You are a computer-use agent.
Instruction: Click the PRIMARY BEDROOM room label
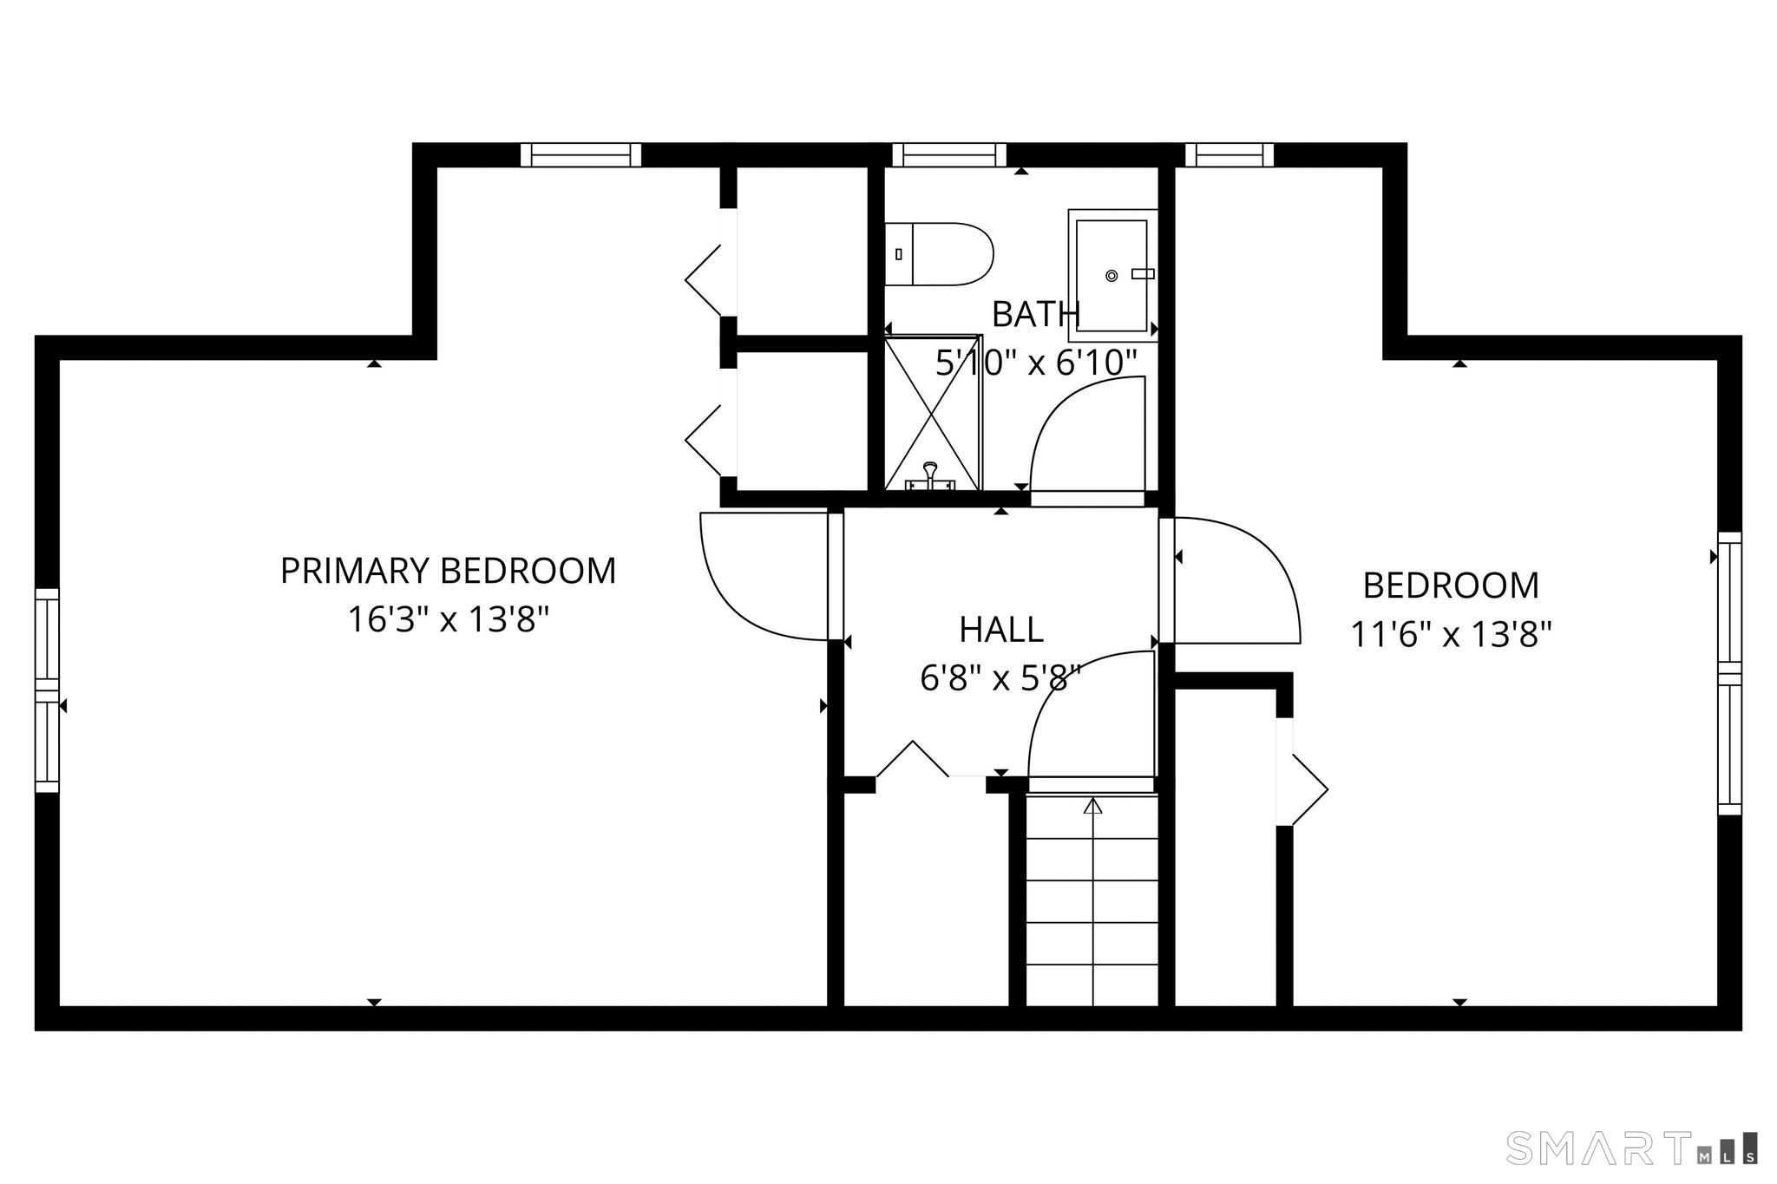pyautogui.click(x=448, y=571)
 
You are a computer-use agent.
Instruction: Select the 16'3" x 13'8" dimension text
pyautogui.click(x=449, y=620)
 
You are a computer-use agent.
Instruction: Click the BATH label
pyautogui.click(x=1035, y=314)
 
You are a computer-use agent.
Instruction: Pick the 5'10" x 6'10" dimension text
pyautogui.click(x=1035, y=363)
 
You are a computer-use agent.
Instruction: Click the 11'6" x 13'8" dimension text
pyautogui.click(x=1451, y=635)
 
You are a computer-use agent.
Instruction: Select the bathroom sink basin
pyautogui.click(x=1112, y=275)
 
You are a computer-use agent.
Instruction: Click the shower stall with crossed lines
pyautogui.click(x=933, y=413)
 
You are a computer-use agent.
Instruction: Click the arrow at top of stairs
pyautogui.click(x=1093, y=806)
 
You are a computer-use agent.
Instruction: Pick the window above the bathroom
pyautogui.click(x=949, y=155)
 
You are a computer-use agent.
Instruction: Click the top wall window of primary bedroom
pyautogui.click(x=580, y=155)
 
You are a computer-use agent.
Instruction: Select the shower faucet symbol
pyautogui.click(x=930, y=475)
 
